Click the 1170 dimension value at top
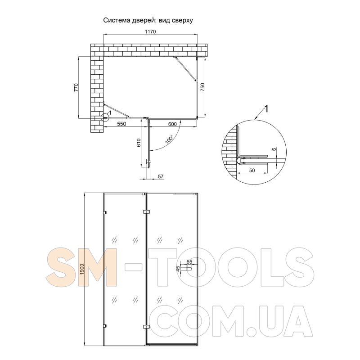[150, 31]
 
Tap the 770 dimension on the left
[76, 87]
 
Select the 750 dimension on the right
[202, 87]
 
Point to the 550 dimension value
[121, 124]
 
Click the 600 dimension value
[172, 124]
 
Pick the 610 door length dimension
[139, 143]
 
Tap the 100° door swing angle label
[170, 139]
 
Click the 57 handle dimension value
[161, 176]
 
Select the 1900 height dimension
[82, 269]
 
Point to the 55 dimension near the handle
[189, 261]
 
